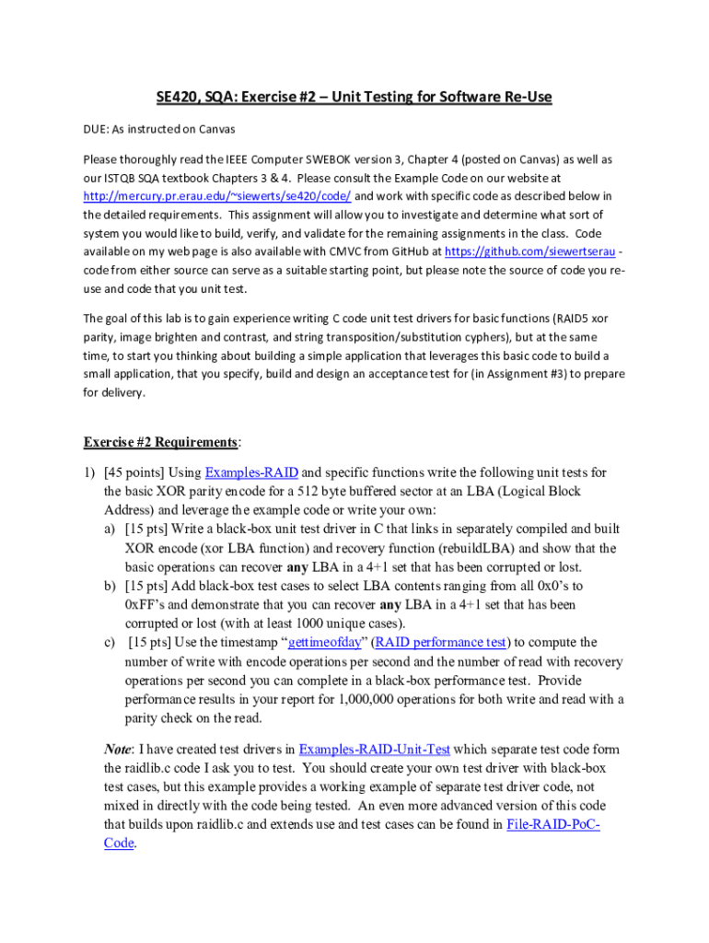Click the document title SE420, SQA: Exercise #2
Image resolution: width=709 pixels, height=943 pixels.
(x=354, y=96)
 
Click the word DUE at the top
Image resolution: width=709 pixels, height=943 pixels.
(x=97, y=130)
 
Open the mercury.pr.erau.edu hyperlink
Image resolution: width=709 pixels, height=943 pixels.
(x=216, y=196)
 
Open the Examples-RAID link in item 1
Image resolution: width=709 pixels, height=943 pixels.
(x=251, y=472)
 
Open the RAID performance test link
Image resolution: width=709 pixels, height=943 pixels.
(x=441, y=643)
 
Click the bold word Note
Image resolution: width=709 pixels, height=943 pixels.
(x=120, y=749)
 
